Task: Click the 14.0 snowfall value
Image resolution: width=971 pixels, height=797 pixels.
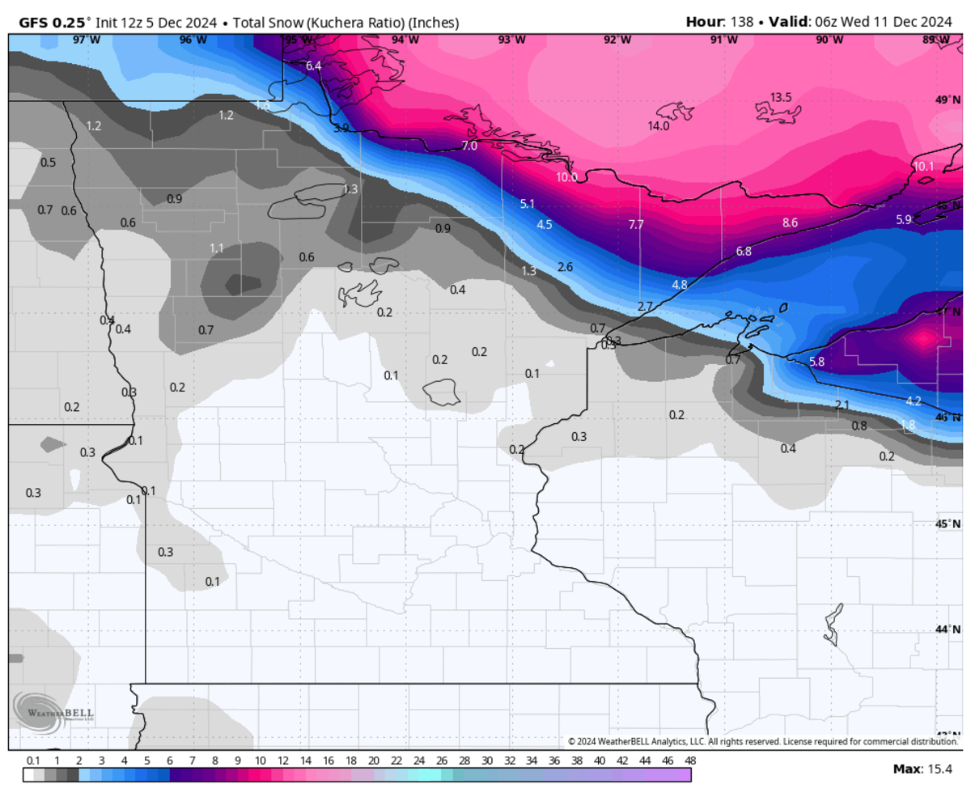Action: point(658,126)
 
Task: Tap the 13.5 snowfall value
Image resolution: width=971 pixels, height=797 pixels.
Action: point(780,97)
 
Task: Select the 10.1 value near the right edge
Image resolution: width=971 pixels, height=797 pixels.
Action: point(923,167)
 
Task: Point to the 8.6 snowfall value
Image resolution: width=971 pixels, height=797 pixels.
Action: point(790,223)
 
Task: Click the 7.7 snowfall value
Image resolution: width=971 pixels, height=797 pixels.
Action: point(636,224)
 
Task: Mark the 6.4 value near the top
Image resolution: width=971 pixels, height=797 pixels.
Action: point(314,66)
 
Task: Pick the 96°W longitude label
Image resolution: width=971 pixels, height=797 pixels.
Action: point(193,39)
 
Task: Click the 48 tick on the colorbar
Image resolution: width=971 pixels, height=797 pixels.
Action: point(689,761)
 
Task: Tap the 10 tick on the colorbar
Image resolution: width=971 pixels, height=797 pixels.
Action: point(261,761)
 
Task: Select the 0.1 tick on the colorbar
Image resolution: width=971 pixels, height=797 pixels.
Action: point(34,761)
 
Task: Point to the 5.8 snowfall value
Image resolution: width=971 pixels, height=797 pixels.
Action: point(816,362)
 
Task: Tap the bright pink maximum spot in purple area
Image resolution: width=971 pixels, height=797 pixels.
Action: point(922,338)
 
